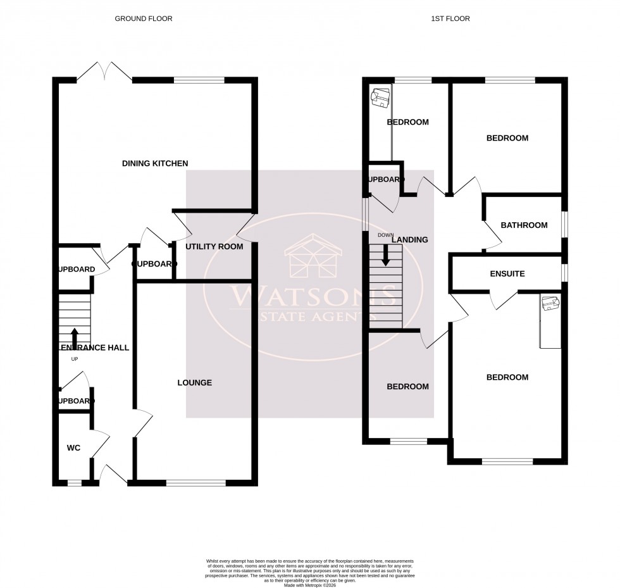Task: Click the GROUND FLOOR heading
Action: (143, 19)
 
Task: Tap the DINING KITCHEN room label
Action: (155, 164)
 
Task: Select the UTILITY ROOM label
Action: (214, 247)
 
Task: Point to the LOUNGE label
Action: (194, 383)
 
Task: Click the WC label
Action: (74, 448)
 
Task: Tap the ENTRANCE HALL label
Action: (95, 348)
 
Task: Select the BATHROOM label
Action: (524, 225)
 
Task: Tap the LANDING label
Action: (410, 240)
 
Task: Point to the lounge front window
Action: (195, 483)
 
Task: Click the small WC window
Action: (75, 483)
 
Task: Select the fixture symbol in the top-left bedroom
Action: (380, 96)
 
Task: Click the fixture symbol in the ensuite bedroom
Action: (549, 304)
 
